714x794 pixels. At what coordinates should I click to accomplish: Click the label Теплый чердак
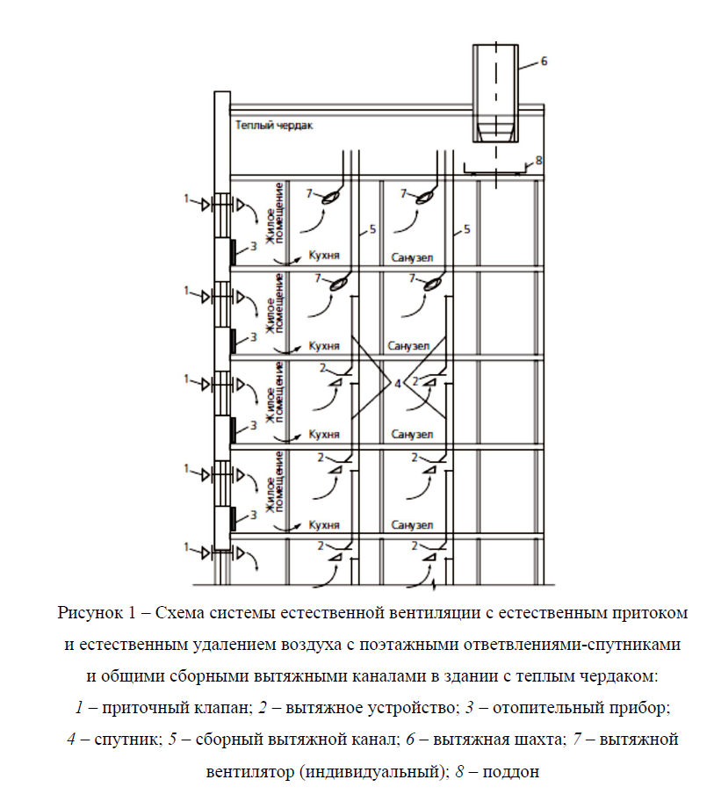tap(274, 126)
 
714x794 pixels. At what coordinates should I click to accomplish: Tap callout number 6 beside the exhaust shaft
tap(544, 61)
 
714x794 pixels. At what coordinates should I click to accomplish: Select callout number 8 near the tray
tap(538, 160)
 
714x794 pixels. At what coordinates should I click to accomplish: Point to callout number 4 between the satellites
tap(397, 384)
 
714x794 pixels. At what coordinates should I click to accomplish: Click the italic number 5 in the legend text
tap(173, 739)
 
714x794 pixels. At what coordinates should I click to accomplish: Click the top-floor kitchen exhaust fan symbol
tap(334, 198)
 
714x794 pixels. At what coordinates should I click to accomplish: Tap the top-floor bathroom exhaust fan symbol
tap(427, 198)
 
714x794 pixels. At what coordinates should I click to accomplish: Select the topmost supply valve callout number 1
tap(186, 200)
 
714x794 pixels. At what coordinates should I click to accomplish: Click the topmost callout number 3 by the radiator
tap(253, 248)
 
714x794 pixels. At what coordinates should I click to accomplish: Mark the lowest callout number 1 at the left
tap(186, 548)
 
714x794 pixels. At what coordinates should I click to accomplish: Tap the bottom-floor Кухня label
tap(325, 525)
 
